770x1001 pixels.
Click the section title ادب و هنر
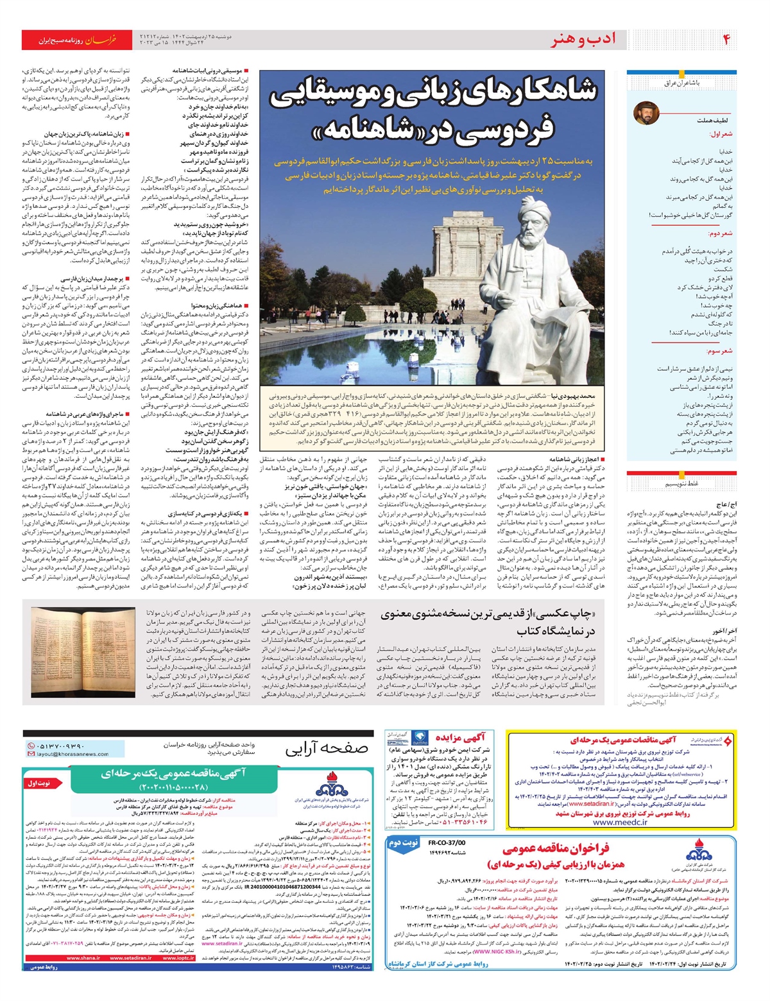coord(583,40)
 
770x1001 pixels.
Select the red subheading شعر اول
coord(721,134)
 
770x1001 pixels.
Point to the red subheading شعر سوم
coord(719,352)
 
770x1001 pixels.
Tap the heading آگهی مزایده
coord(461,737)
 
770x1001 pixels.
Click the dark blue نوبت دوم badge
coord(404,843)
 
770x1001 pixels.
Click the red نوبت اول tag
coord(40,783)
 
